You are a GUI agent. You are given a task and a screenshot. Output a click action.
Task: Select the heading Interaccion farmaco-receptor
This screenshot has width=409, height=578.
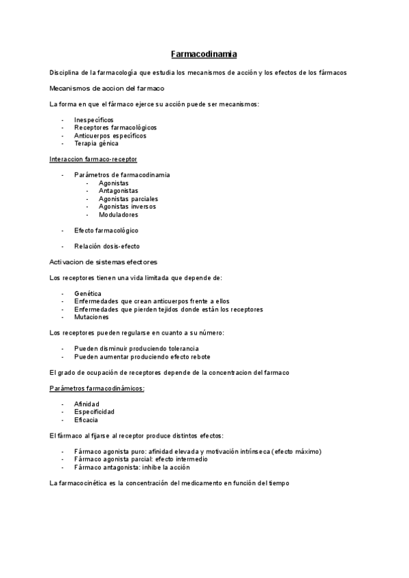click(93, 159)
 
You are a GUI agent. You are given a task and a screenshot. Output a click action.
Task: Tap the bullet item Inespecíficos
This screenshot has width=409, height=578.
click(94, 119)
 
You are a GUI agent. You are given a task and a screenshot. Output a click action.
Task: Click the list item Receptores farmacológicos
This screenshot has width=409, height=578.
click(115, 127)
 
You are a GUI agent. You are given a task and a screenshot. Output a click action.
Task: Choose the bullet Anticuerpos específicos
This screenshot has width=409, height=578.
click(110, 136)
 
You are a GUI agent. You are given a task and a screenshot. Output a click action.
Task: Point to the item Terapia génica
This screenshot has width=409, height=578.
click(96, 143)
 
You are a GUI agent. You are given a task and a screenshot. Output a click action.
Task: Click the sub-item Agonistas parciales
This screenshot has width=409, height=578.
click(128, 198)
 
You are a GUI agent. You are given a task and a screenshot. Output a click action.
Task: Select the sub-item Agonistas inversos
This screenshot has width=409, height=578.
click(127, 206)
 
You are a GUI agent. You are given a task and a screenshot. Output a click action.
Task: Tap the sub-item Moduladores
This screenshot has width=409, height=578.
click(118, 214)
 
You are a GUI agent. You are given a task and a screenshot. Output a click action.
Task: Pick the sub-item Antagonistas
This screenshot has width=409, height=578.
click(118, 190)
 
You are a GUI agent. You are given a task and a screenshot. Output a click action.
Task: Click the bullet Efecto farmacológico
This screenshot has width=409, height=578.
click(106, 230)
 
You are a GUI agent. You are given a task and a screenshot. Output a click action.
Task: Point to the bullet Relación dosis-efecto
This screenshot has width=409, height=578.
click(107, 246)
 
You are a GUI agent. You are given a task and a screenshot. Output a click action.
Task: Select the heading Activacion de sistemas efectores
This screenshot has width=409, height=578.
click(104, 262)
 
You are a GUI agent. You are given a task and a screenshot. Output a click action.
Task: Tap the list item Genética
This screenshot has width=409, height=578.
click(88, 293)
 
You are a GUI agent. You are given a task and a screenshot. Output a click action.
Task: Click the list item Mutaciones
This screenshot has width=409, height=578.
click(91, 317)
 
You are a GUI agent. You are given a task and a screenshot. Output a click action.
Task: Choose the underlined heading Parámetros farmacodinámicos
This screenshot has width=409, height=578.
click(97, 388)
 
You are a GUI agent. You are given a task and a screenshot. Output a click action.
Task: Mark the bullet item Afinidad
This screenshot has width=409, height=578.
click(87, 404)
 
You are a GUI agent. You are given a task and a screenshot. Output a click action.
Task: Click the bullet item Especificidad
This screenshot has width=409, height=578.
click(94, 412)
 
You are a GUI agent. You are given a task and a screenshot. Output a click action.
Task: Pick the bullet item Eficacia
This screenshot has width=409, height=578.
click(87, 420)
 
